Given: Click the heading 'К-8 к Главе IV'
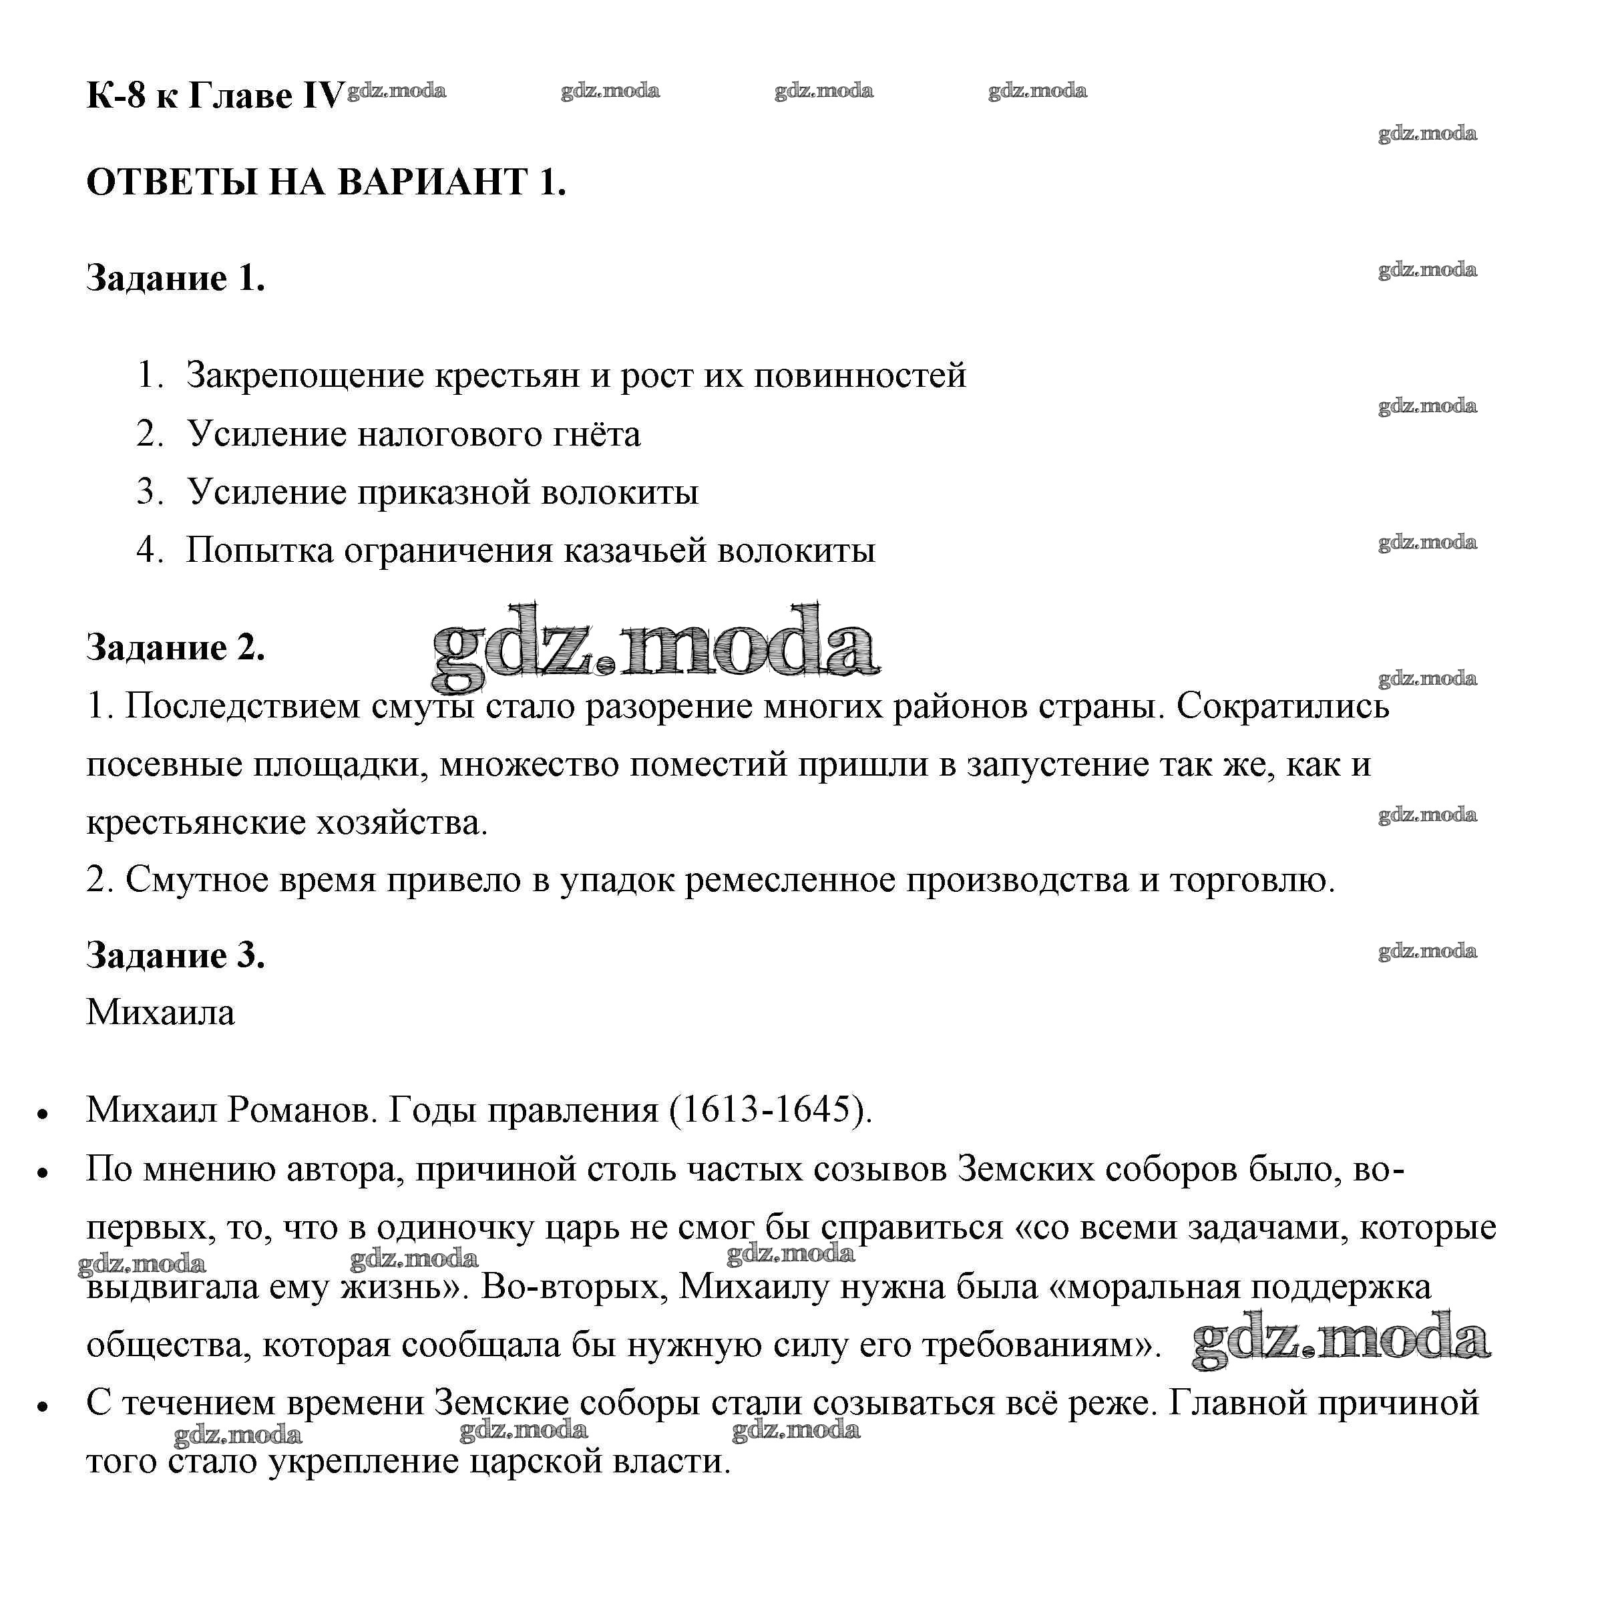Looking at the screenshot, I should point(214,96).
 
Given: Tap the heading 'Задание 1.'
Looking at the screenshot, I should point(176,278).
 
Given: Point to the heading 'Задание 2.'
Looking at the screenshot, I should point(176,647).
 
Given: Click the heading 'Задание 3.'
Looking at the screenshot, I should point(176,955).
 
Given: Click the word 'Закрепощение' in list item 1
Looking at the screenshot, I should point(305,375).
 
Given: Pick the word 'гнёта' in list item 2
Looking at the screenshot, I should point(594,434).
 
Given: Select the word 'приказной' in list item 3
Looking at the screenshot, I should point(444,492).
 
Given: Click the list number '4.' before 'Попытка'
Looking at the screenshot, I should point(150,550).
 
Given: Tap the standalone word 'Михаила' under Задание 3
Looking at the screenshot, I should point(160,1013).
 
